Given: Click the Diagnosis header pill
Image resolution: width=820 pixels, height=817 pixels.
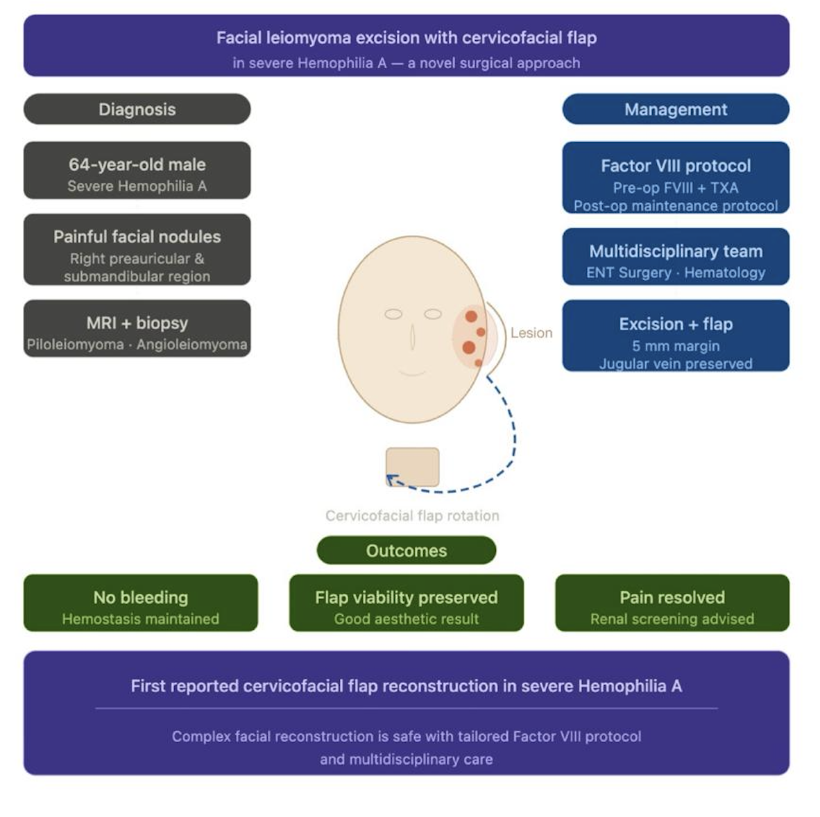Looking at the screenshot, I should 137,110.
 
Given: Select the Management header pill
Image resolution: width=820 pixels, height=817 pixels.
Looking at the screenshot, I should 675,110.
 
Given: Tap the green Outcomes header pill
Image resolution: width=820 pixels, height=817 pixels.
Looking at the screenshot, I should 407,550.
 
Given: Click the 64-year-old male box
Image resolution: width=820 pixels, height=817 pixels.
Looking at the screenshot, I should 137,171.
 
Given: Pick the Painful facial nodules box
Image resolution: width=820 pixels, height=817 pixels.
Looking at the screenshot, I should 137,250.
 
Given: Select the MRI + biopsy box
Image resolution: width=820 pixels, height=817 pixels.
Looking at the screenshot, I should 137,328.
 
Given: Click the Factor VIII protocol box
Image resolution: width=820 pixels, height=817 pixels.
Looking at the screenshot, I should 675,178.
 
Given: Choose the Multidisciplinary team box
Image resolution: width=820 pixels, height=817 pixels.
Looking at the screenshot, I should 675,257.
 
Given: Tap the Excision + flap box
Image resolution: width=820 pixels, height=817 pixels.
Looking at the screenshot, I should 675,335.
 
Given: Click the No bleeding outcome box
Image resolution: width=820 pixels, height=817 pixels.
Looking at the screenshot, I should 140,603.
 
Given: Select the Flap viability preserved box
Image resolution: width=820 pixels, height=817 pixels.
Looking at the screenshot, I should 407,603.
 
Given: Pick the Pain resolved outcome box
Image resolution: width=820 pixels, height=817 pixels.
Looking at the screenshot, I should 672,603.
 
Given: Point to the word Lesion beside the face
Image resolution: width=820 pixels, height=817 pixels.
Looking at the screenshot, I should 531,333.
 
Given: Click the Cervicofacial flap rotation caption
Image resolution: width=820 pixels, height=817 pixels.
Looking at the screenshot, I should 412,516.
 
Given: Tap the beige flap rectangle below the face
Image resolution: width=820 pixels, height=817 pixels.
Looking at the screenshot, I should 413,466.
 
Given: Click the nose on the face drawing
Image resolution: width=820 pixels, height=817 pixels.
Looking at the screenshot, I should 412,337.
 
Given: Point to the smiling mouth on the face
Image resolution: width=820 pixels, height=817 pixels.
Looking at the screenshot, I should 412,373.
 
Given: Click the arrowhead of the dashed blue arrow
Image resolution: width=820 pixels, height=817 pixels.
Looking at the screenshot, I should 389,478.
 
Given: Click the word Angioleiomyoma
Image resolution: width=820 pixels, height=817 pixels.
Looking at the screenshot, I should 191,345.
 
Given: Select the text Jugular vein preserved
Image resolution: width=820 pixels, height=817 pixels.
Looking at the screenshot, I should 675,363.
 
